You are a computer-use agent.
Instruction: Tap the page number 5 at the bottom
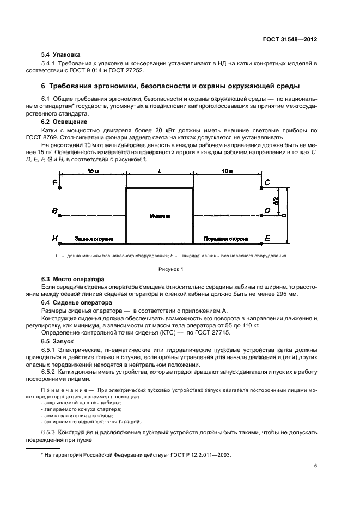[315, 466]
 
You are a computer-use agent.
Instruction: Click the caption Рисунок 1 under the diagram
[171, 269]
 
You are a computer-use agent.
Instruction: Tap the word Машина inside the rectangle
[159, 216]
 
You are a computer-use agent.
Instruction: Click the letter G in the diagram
[55, 210]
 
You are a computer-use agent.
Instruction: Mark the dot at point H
[59, 243]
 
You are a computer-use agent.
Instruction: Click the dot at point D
[262, 215]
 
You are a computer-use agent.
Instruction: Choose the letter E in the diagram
[267, 239]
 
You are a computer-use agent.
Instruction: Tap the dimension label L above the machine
[159, 171]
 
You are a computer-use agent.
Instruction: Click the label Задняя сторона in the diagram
[94, 239]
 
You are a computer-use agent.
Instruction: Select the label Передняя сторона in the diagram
[226, 239]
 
